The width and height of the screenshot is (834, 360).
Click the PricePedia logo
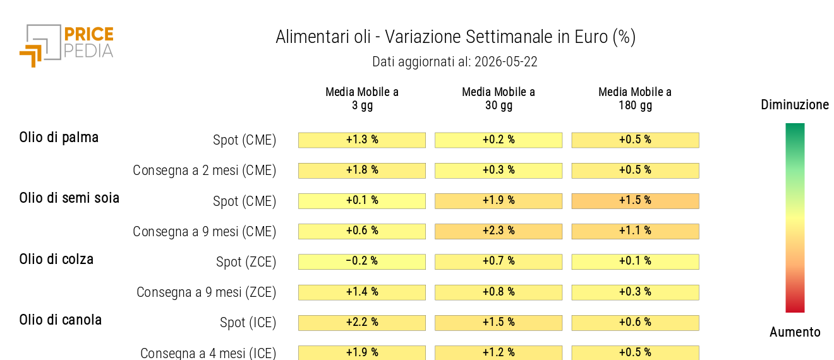(x=66, y=45)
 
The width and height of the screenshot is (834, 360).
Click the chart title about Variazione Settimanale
(x=456, y=37)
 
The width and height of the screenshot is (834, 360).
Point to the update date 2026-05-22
(x=505, y=62)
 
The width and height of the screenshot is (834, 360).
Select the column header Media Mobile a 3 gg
(x=362, y=99)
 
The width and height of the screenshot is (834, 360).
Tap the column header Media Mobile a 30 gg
(x=499, y=99)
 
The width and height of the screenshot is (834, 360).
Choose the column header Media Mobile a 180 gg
(x=635, y=99)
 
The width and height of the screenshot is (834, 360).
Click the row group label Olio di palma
(x=59, y=138)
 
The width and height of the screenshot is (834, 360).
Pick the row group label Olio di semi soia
(x=69, y=198)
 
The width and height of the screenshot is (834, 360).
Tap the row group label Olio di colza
(x=56, y=259)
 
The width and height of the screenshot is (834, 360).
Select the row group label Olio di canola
(x=60, y=320)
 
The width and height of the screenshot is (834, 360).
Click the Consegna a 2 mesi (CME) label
(x=205, y=171)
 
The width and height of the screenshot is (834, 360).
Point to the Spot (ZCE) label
(x=246, y=261)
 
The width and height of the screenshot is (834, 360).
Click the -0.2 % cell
(x=362, y=261)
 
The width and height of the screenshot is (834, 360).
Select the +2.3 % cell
(x=499, y=231)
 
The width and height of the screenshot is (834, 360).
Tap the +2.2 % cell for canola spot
(x=362, y=323)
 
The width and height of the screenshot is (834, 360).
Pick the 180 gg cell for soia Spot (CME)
(x=635, y=201)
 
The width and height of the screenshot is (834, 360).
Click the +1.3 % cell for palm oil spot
(x=362, y=140)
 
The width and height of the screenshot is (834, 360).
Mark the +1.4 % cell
(x=362, y=292)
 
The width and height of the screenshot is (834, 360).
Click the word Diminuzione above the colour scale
(x=795, y=105)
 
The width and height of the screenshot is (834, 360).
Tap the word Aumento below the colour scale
(x=795, y=332)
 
